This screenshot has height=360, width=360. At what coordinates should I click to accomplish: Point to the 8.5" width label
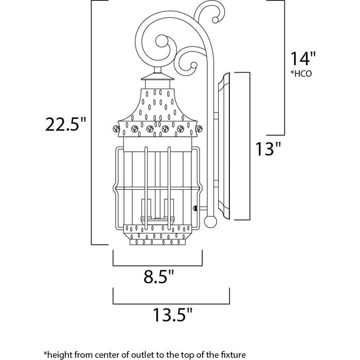156,280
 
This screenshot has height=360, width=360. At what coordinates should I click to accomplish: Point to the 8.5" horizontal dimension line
157,265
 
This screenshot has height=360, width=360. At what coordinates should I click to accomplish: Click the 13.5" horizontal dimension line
170,302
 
